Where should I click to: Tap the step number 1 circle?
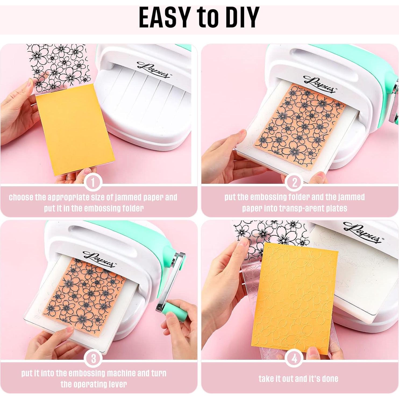coord(93,183)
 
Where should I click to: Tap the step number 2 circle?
coord(294,183)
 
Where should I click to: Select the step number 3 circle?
coord(93,359)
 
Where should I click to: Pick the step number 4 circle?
coord(294,359)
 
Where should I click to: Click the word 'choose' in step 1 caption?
coord(21,197)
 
